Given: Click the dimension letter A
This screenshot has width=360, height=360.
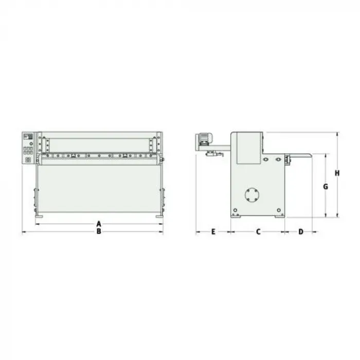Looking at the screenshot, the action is click(99, 224).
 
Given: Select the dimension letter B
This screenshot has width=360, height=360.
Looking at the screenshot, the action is click(99, 231).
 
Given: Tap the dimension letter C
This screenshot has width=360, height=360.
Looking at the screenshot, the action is click(258, 231).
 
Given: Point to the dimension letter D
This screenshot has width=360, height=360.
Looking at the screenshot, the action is click(301, 231).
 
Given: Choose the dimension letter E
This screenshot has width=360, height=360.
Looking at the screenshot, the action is click(213, 231).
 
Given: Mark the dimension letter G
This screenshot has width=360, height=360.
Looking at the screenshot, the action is click(326, 187).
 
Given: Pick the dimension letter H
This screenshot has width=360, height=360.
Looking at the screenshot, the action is click(337, 173).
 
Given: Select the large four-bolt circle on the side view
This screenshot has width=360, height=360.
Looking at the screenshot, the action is click(252, 195).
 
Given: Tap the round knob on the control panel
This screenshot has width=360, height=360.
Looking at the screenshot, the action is click(31, 143).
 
